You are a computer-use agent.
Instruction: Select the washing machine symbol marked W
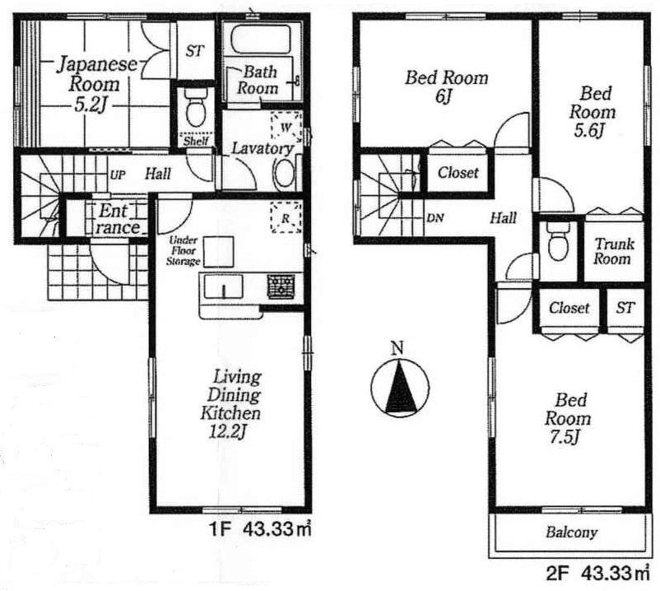286,127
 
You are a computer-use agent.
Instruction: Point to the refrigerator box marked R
286,219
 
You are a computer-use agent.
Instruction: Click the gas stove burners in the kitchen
281,286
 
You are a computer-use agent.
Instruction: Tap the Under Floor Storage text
184,250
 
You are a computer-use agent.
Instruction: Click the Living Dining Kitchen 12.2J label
230,407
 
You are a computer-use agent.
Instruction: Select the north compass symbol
397,387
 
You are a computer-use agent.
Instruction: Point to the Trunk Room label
613,251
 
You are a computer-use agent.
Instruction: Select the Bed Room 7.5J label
570,419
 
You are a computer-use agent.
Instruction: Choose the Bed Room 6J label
445,86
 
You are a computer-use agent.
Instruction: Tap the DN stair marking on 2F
435,218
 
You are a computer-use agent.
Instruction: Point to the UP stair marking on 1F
118,175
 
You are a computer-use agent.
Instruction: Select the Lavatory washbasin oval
285,173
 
